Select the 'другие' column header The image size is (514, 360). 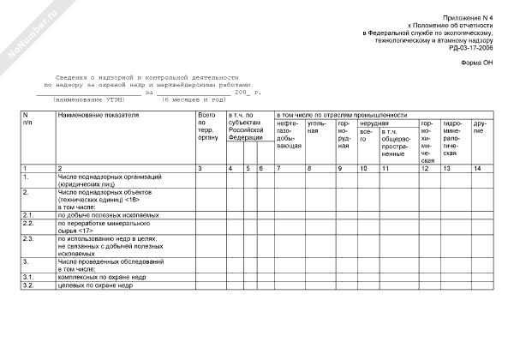tap(478, 131)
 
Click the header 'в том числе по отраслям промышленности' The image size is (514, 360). tap(341, 114)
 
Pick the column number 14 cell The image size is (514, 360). tap(477, 168)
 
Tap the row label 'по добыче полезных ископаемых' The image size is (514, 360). tap(107, 214)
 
